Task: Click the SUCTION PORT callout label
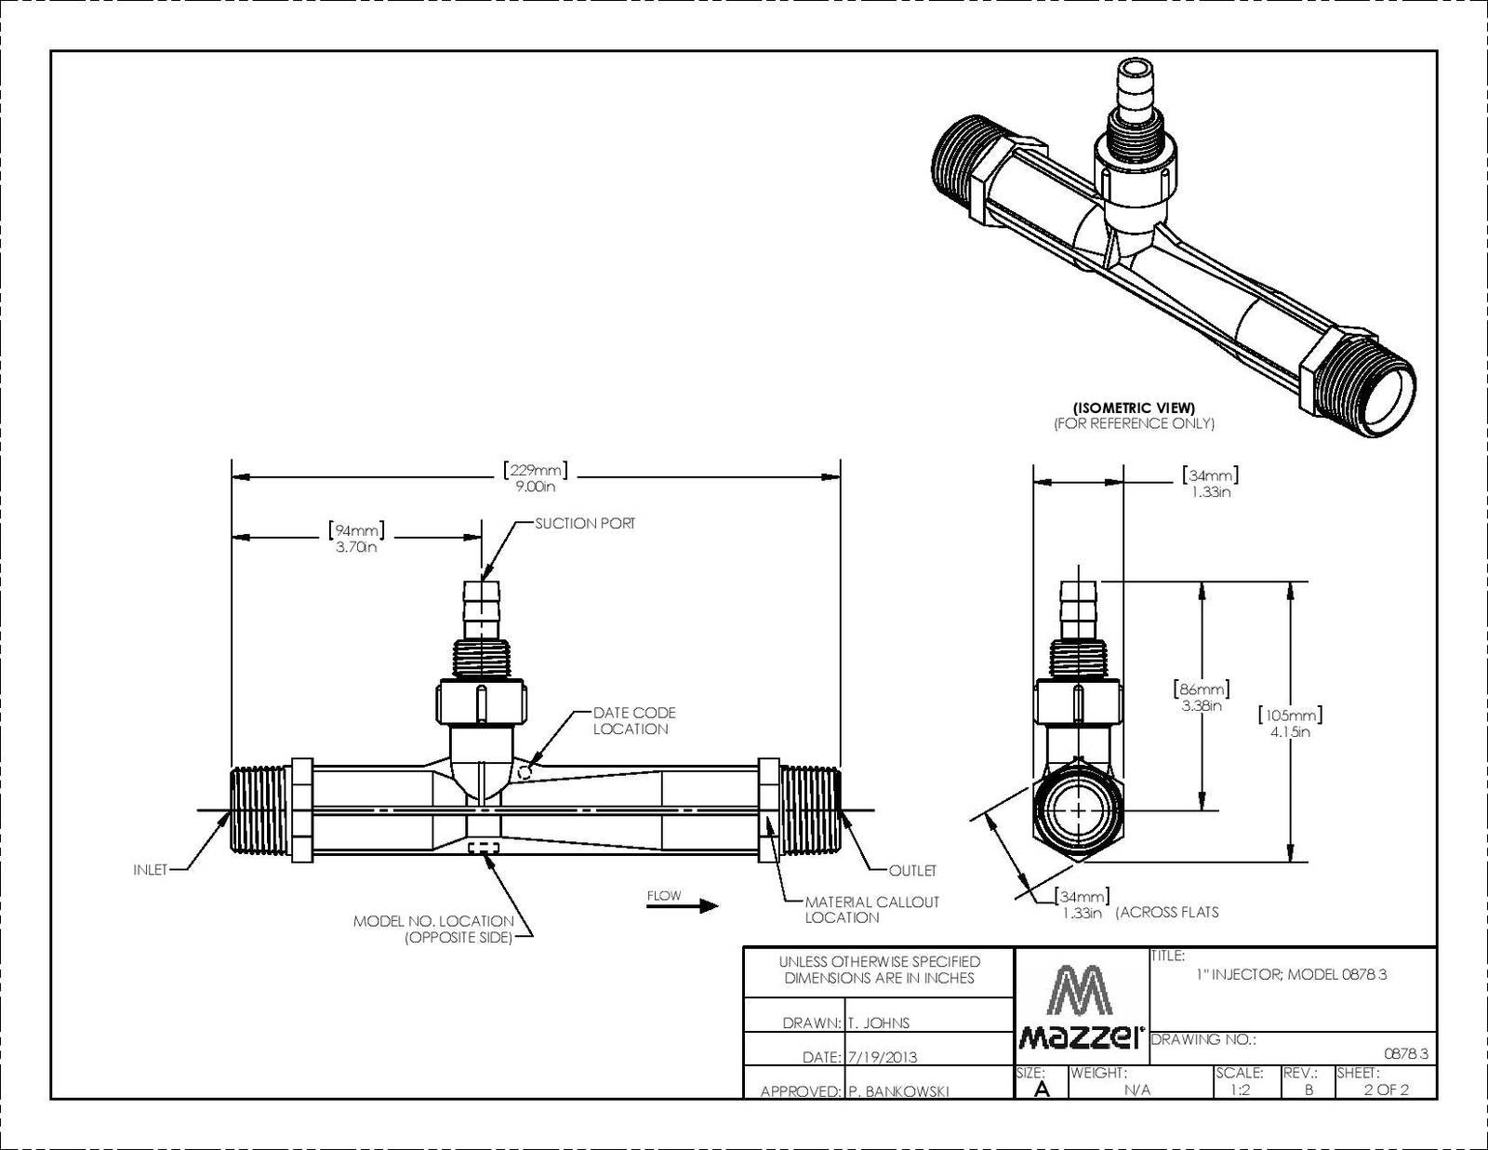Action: pos(585,524)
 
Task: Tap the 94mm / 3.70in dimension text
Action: pos(355,539)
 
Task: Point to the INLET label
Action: pos(151,870)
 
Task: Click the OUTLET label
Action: pos(912,871)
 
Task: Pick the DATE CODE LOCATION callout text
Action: pos(633,721)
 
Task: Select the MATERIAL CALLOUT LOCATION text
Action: pos(871,910)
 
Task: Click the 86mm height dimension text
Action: pos(1202,697)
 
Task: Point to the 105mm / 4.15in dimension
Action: pos(1290,723)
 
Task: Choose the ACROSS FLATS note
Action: pos(1168,913)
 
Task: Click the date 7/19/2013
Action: pos(883,1057)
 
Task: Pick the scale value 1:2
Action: pos(1240,1090)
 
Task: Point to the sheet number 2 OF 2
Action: pos(1386,1090)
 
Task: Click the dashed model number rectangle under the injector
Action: pos(484,848)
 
